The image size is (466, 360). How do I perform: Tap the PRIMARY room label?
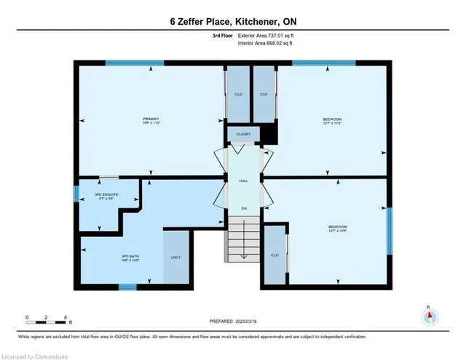tap(151, 121)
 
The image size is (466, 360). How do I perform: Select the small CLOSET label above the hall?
tap(243, 135)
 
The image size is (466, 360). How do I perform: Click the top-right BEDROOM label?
tap(332, 121)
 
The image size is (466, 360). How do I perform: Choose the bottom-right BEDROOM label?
tap(337, 230)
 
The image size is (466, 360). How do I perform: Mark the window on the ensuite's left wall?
tap(75, 194)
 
